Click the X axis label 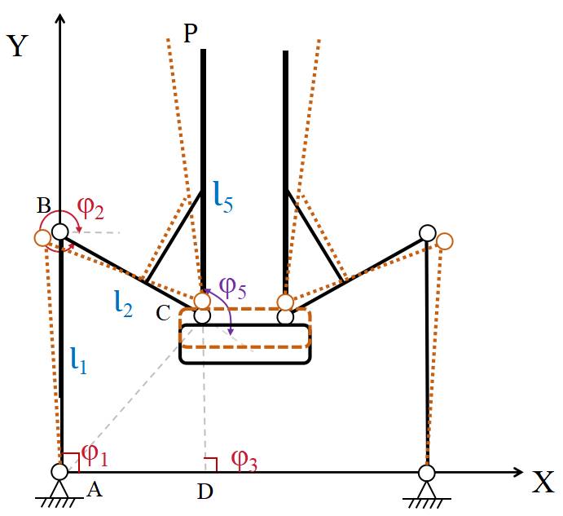point(543,483)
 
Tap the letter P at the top point(191,33)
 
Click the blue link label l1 point(78,359)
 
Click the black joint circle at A point(60,472)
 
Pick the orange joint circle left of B point(43,238)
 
